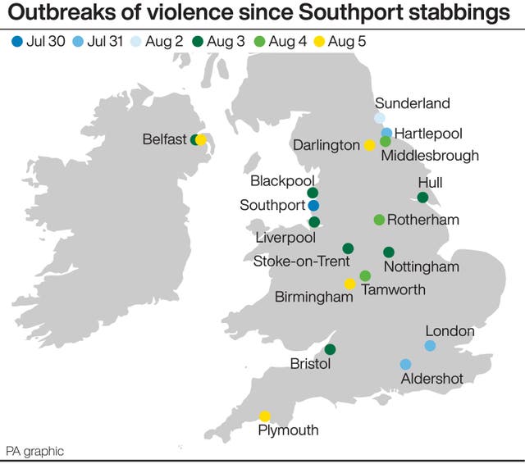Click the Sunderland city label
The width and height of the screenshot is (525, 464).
(413, 103)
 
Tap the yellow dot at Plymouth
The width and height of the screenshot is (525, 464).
(265, 416)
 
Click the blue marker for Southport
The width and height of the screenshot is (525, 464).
(313, 205)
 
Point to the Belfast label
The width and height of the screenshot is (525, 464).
(165, 140)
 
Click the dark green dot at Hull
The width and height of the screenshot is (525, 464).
(422, 198)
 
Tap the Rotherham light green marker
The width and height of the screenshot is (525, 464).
(379, 220)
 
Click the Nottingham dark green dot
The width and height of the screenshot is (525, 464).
(389, 252)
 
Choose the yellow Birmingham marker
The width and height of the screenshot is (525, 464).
(349, 284)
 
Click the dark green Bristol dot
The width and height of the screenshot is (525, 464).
(330, 349)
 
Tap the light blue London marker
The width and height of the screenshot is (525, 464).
(430, 346)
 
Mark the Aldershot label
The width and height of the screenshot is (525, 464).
(432, 378)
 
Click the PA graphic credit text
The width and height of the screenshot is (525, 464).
(34, 452)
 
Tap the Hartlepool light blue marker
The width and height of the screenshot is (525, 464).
(386, 132)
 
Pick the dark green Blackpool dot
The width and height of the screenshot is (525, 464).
(313, 193)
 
